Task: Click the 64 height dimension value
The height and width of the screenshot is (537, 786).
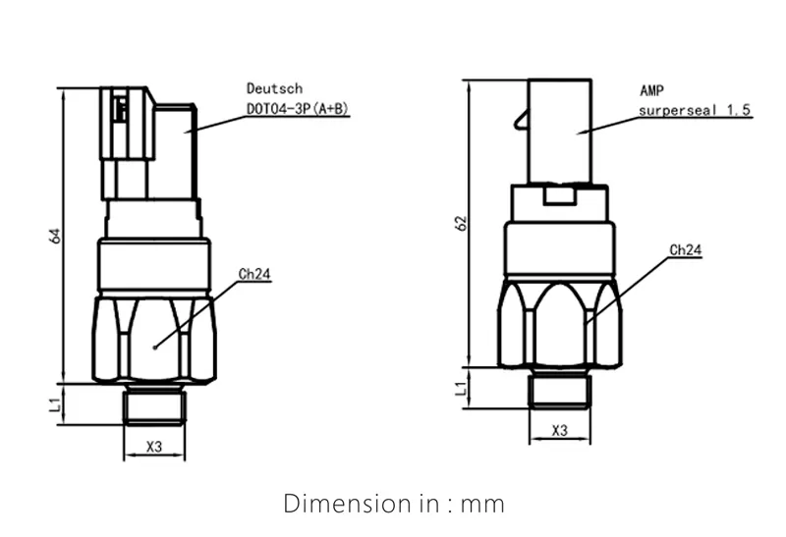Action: coord(56,237)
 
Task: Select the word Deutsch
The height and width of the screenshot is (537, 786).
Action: coord(268,88)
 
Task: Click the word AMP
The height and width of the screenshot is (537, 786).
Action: coord(651,89)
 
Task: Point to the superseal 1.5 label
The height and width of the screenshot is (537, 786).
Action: coord(695,111)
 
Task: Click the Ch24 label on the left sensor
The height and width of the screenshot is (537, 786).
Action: coord(255,274)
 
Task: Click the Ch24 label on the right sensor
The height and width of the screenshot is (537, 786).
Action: coord(685,250)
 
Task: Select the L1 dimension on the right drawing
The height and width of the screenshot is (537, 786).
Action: coord(462,390)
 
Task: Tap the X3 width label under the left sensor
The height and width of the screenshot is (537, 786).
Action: coord(154,447)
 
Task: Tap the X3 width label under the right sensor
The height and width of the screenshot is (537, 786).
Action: coord(560,430)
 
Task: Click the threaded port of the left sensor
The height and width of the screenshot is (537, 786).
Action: coord(154,403)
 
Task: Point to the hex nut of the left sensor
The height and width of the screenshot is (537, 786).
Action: coord(154,339)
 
